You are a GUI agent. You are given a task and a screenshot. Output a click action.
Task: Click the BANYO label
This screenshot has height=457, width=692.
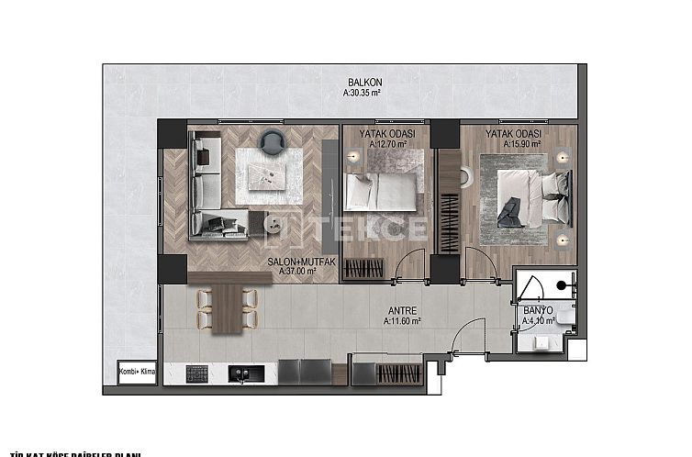point(538,309)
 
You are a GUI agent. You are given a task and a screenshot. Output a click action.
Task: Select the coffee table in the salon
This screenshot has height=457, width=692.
point(267,175)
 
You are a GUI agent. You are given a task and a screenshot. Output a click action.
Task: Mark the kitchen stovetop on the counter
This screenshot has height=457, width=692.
point(197,373)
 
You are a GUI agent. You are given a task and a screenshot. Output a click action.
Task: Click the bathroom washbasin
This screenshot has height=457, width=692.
point(564,318)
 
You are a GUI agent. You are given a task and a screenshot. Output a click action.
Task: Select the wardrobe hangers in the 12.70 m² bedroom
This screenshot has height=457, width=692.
point(364,269)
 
